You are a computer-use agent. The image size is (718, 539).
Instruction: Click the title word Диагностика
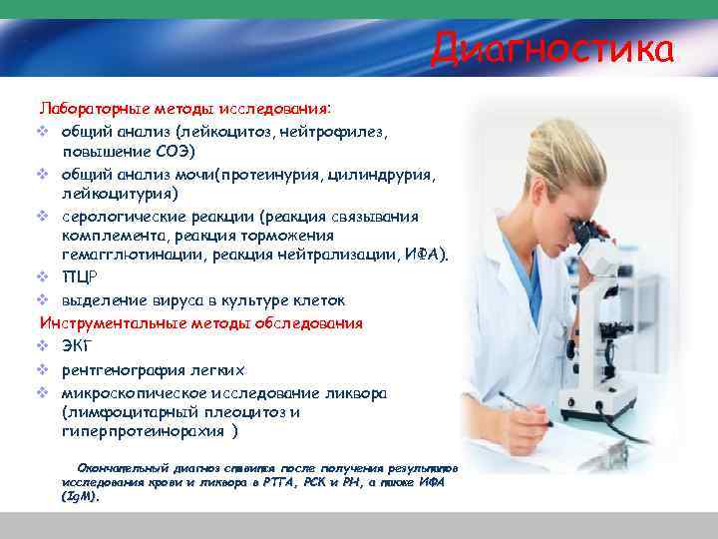coord(552,48)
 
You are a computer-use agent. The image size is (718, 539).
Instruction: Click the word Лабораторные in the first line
coord(88,107)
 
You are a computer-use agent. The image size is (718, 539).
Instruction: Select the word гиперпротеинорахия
coord(142,431)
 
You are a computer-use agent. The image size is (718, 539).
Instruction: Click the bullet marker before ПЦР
coord(44,278)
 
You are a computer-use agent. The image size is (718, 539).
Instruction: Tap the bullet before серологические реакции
coord(44,215)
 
